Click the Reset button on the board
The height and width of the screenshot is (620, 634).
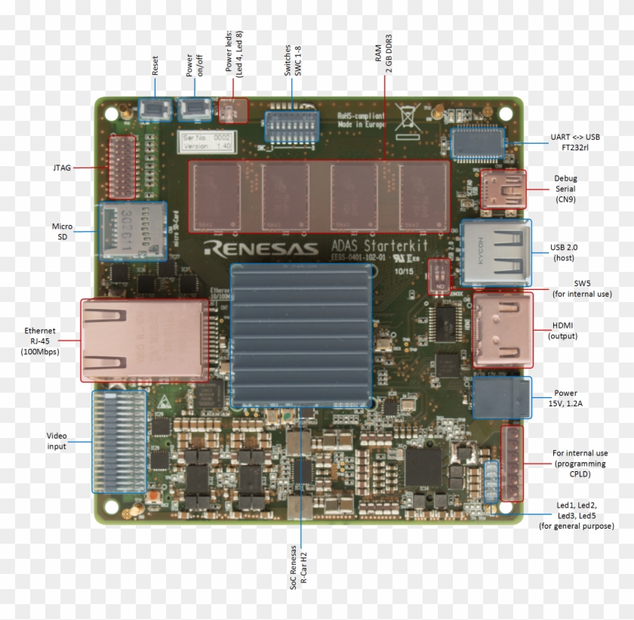pos(155,109)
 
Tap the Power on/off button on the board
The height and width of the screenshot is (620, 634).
pos(195,109)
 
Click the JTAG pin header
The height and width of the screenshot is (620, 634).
pos(119,167)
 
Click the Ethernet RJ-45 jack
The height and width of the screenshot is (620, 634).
pos(144,339)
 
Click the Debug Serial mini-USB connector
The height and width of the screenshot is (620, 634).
pos(504,189)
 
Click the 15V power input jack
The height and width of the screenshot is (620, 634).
pos(502,398)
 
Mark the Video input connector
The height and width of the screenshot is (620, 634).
pos(118,442)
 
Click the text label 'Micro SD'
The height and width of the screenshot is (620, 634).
pos(62,232)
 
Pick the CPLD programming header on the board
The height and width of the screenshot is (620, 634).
pos(512,463)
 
